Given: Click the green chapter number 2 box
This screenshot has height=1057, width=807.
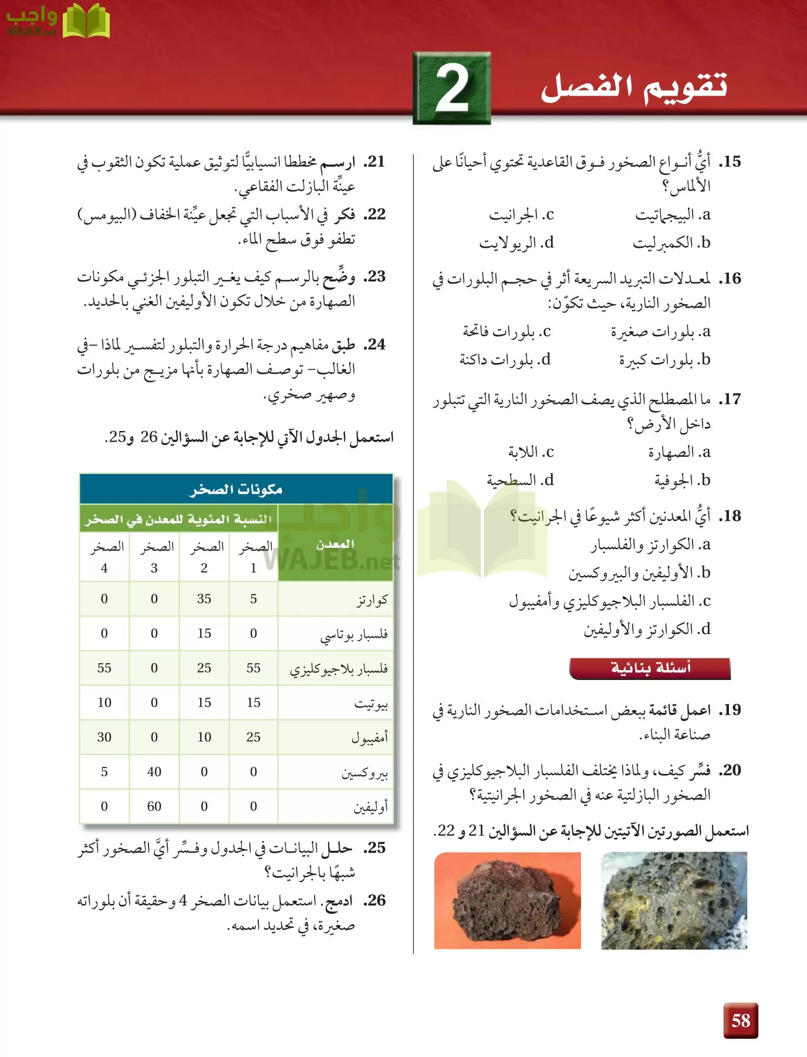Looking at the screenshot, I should click(x=451, y=88).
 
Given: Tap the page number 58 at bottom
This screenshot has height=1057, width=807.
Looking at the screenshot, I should click(x=740, y=1021).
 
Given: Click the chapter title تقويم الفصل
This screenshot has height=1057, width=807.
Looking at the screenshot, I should click(x=634, y=87).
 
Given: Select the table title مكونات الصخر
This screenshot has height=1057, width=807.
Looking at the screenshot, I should click(x=236, y=489).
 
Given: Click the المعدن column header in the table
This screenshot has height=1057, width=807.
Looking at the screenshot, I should click(x=335, y=544).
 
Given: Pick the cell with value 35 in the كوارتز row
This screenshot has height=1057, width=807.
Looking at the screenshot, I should click(x=204, y=599).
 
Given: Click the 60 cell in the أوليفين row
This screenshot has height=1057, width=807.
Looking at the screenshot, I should click(x=154, y=806).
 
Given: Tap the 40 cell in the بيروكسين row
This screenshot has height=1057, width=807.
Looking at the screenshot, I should click(x=154, y=772).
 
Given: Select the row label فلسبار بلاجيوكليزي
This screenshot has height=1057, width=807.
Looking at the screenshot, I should click(x=339, y=669).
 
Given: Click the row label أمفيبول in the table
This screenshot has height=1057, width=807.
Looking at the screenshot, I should click(x=369, y=738).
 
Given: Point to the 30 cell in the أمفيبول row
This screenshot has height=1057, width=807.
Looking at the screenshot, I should click(x=104, y=737).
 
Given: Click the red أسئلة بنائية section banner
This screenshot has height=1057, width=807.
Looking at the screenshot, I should click(x=650, y=668).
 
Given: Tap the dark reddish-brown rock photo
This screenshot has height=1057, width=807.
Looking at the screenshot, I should click(x=507, y=900).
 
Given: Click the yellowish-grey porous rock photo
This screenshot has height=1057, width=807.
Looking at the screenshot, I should click(x=674, y=900).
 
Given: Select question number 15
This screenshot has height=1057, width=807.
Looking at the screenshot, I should click(x=731, y=161).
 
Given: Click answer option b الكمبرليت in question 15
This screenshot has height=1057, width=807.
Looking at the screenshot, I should click(x=671, y=243).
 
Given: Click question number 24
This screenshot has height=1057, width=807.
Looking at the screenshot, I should click(x=375, y=344).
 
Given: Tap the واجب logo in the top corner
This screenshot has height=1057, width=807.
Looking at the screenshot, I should click(x=58, y=21).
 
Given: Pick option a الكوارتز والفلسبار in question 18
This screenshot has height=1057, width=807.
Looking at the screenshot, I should click(x=650, y=545).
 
